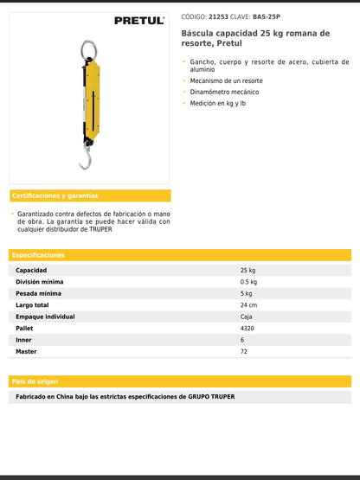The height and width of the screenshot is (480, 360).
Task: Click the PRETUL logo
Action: coord(138,20)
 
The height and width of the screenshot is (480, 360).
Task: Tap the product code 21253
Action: coord(219,16)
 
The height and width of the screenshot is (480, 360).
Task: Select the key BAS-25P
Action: coord(267,16)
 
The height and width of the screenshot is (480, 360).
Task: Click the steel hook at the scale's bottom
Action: coord(85,159)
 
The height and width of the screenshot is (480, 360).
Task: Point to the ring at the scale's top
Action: coord(88,49)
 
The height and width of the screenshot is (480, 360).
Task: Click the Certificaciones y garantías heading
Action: coord(55,195)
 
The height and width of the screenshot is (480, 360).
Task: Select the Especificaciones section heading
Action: coord(39,255)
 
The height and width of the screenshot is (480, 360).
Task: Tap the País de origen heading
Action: coord(35,381)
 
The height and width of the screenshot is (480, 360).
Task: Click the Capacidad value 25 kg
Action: coord(247,271)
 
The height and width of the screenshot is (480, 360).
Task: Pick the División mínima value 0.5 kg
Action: coord(249,282)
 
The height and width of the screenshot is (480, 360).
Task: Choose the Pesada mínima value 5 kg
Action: coord(247,294)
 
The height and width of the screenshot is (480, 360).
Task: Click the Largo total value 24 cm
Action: coord(248,305)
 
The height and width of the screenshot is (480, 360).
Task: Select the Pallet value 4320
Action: coord(247,329)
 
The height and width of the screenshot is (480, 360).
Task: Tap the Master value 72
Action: coord(244,352)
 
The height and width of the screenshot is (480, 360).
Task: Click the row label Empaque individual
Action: coord(45,317)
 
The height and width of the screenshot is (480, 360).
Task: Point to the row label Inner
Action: coord(24,340)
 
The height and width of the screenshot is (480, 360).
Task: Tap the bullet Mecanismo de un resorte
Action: coord(228,80)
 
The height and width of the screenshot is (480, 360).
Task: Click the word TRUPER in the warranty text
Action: coord(100,229)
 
